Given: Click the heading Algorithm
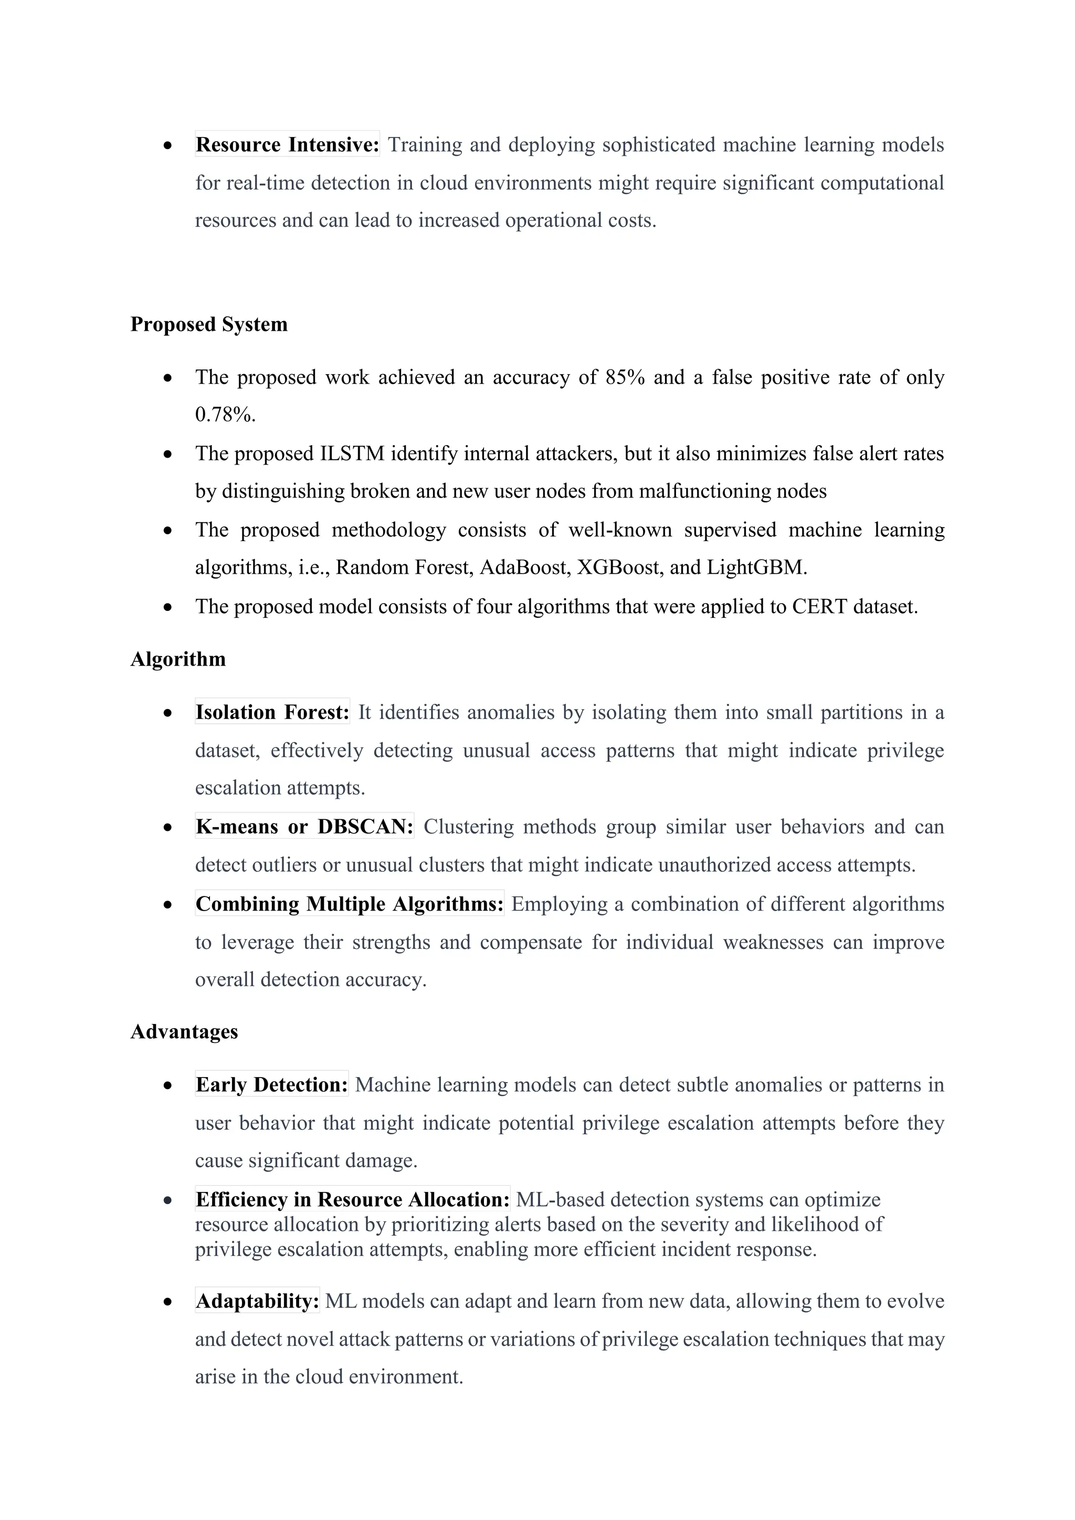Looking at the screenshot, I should [178, 659].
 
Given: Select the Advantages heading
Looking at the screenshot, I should [184, 1032].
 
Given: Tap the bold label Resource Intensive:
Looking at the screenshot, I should [287, 144].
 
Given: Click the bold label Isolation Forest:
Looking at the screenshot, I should [272, 712].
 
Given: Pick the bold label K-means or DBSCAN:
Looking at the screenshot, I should [304, 827].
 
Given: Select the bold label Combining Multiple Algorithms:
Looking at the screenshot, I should [350, 904].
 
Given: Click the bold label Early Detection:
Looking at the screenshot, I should [271, 1085].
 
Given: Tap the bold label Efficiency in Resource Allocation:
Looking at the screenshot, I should [352, 1200].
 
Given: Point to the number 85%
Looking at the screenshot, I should [625, 377].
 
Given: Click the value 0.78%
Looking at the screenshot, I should [225, 415].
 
